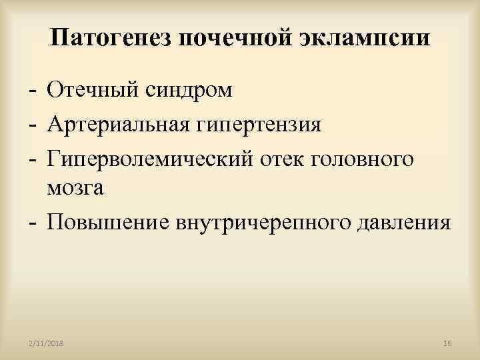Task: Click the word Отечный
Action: tap(92, 90)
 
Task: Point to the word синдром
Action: tap(187, 90)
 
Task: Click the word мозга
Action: tap(75, 189)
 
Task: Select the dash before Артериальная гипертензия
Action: tap(31, 125)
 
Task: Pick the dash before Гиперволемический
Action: tap(31, 159)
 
